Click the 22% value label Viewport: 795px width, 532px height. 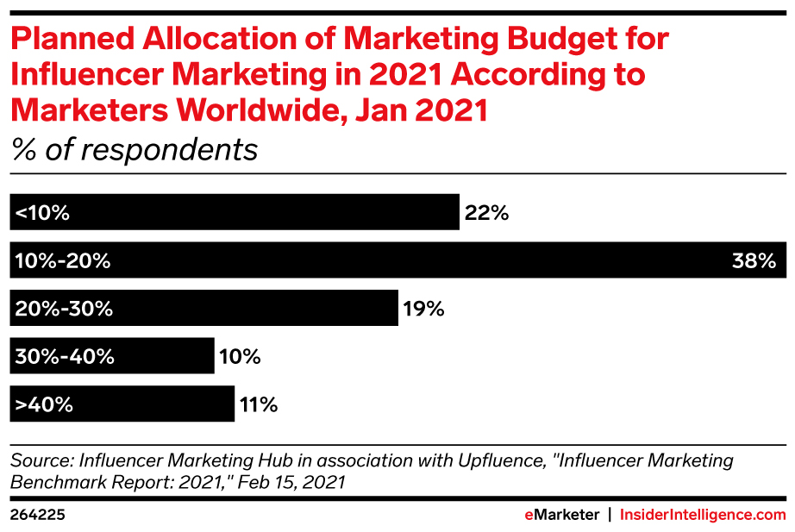click(486, 213)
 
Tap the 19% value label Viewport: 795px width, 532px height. click(423, 309)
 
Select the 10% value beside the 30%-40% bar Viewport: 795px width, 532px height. click(238, 356)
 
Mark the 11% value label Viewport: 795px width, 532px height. click(258, 404)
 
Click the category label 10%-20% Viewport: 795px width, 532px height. click(63, 260)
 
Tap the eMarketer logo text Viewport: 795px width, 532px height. click(561, 515)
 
